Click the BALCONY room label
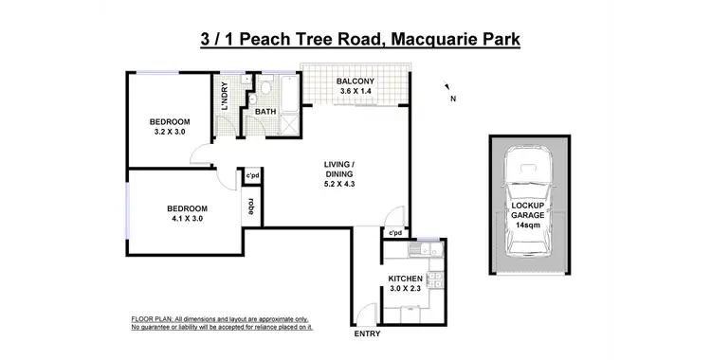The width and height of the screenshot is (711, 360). [x=355, y=81]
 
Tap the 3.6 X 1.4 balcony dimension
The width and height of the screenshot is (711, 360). [x=355, y=93]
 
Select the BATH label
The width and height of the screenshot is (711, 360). [x=265, y=112]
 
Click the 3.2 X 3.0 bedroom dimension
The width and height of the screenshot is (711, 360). [x=171, y=133]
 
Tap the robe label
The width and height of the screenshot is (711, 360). [x=251, y=205]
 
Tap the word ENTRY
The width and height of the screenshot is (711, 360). [x=367, y=334]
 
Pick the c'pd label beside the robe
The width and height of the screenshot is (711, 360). [x=253, y=176]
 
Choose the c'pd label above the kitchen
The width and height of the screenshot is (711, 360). [x=394, y=233]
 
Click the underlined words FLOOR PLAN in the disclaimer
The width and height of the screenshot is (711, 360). [x=150, y=319]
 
